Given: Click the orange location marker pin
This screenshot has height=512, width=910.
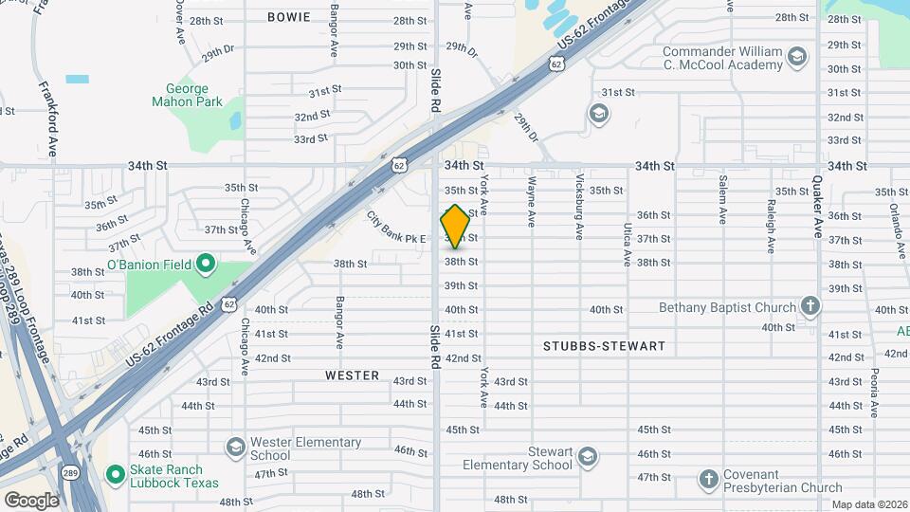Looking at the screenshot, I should tap(455, 227).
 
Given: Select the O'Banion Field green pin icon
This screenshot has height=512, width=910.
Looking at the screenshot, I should tap(203, 265).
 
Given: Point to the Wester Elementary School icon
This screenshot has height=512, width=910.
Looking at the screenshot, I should tap(235, 447).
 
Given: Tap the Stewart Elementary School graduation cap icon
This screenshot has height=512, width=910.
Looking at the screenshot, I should tap(588, 458).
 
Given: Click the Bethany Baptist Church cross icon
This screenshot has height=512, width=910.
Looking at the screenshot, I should tap(810, 306).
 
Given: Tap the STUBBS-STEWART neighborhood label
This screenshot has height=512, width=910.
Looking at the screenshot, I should tap(604, 346).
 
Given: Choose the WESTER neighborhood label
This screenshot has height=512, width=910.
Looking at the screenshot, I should tap(352, 375).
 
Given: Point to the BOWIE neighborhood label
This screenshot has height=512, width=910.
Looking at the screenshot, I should tap(288, 17).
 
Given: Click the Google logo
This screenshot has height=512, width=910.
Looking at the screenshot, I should tap(31, 500).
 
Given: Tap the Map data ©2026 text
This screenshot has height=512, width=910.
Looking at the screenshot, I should tap(868, 504).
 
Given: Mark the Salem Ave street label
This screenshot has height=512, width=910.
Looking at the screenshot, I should tap(722, 199).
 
